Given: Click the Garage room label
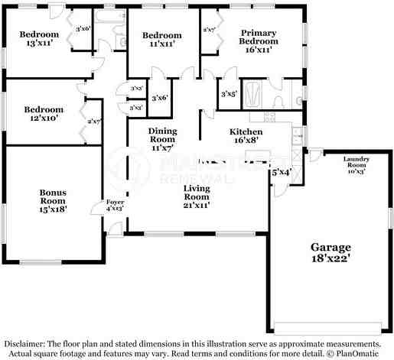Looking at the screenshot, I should tap(331, 247).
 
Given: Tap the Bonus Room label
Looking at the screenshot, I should tap(53, 196).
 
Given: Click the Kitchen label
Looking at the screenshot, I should tap(246, 131).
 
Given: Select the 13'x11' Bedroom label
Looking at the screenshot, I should tap(39, 34).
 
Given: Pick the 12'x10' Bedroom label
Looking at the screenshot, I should tap(43, 109).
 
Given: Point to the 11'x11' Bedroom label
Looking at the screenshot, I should tap(162, 36).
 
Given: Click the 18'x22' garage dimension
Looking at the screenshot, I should tap(331, 260).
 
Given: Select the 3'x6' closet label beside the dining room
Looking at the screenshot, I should tap(160, 98).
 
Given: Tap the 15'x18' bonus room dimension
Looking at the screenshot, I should tap(53, 208).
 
